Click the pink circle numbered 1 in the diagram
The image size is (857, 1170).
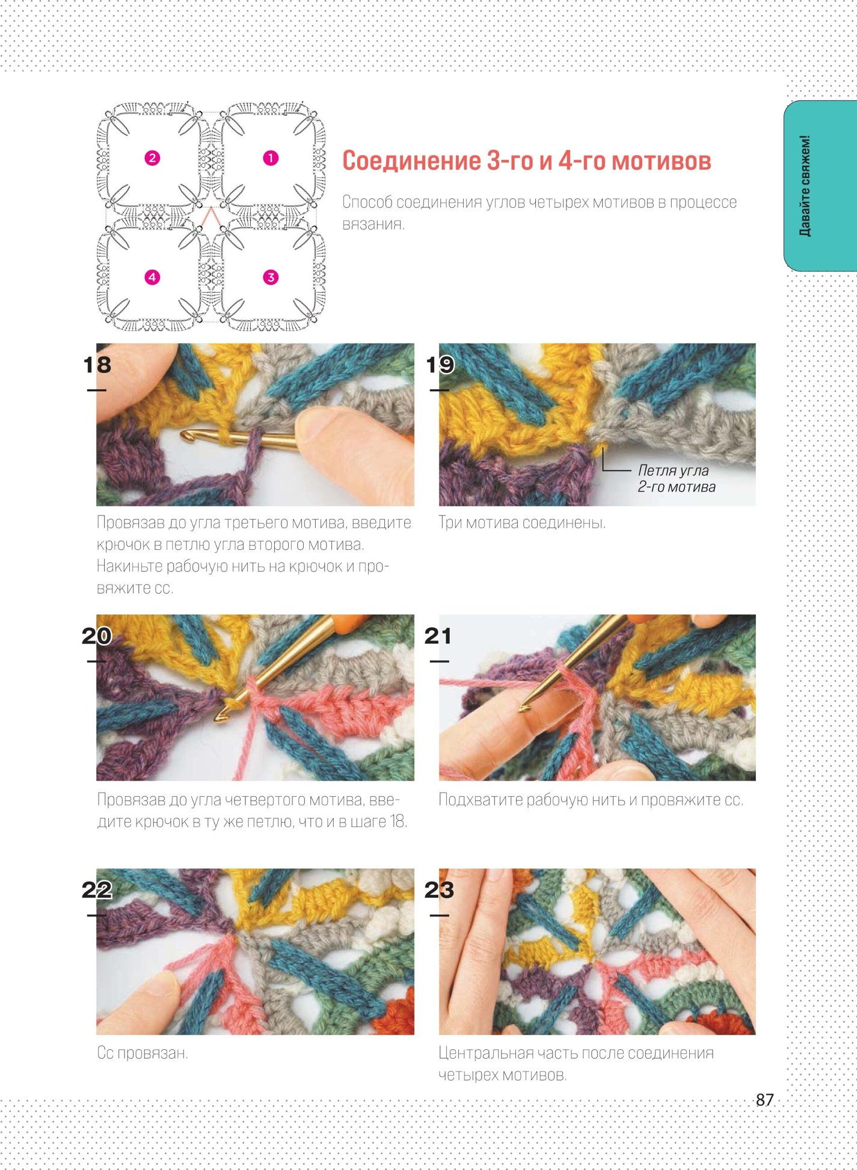[x=271, y=158]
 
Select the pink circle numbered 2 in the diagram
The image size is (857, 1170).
[x=152, y=158]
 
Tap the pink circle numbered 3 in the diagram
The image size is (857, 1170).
[x=271, y=277]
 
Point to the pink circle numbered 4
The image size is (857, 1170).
[x=152, y=277]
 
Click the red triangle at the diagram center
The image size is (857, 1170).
[x=210, y=218]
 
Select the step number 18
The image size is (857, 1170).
[x=97, y=365]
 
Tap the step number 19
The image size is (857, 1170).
[x=440, y=365]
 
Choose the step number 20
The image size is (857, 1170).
[x=97, y=636]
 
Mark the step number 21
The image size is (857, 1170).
[x=438, y=636]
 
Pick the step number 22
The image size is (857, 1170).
[x=97, y=890]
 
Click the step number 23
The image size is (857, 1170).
[x=439, y=890]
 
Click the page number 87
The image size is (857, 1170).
[x=764, y=1100]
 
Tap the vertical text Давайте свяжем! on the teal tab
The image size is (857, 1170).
[x=805, y=186]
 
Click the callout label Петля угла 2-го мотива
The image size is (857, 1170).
[x=677, y=478]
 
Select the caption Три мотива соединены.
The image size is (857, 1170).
[x=522, y=523]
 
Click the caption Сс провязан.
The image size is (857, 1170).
[x=143, y=1053]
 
